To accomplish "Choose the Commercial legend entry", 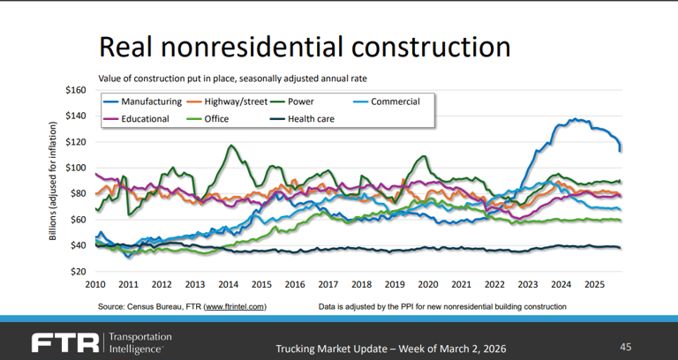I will pos(395,101).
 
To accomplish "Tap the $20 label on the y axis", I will pos(77,271).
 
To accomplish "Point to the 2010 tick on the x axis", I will pos(95,285).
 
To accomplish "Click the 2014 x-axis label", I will pos(228,285).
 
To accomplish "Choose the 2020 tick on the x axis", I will pos(426,285).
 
